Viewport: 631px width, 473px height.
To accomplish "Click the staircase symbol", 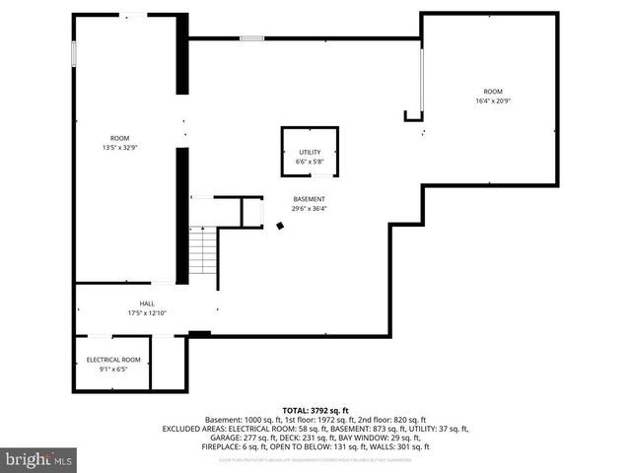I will (203, 251).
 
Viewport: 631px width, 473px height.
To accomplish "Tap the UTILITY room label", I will (310, 153).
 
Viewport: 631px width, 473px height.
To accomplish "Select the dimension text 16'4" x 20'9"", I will (493, 101).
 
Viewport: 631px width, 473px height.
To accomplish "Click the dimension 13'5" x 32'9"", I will (119, 148).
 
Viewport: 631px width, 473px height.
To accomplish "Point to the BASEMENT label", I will (309, 199).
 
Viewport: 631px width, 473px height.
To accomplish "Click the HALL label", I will (147, 304).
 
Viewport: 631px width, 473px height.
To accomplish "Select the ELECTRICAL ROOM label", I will (113, 360).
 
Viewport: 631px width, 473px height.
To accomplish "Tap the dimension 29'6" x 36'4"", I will (309, 208).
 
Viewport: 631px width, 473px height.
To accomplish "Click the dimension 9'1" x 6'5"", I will (113, 370).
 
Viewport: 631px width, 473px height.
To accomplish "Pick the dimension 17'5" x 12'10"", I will (147, 313).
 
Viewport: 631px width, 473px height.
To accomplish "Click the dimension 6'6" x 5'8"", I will (310, 162).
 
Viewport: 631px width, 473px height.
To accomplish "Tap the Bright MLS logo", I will (39, 459).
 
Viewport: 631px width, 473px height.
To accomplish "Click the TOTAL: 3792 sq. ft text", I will (315, 410).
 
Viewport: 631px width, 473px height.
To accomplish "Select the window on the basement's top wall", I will (251, 38).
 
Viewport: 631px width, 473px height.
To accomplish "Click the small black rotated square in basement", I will (279, 226).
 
